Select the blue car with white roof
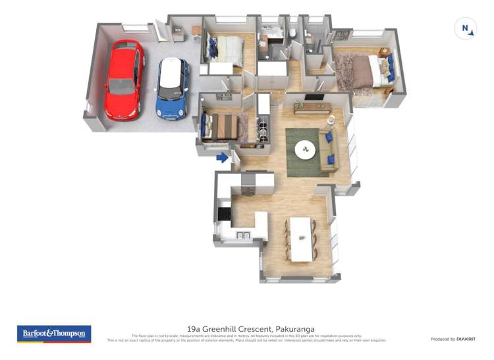(x=173, y=88)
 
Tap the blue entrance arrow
(x=223, y=157)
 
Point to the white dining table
(x=300, y=238)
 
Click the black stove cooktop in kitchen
(x=225, y=214)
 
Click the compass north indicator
(x=466, y=29)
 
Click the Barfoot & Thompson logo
(x=54, y=334)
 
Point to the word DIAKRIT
(x=466, y=339)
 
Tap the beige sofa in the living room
(x=327, y=147)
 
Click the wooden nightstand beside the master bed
(x=384, y=53)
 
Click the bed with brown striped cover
(x=222, y=127)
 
